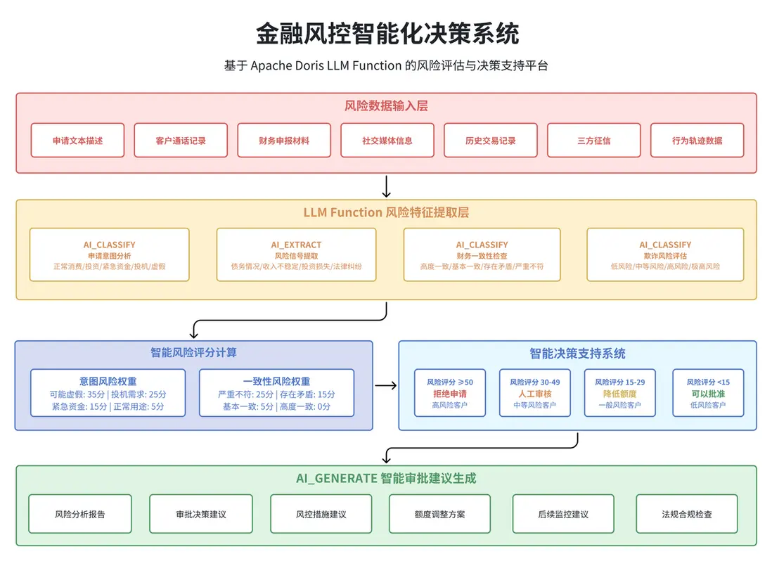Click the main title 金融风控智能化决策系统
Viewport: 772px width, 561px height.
click(x=386, y=32)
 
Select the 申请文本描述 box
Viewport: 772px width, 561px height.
click(x=77, y=141)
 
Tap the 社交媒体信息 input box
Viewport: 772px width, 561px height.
click(x=387, y=141)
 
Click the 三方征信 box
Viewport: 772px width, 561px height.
click(x=593, y=141)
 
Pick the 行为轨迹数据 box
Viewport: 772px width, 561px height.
click(x=697, y=141)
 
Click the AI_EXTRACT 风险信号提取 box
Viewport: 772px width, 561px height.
click(x=296, y=254)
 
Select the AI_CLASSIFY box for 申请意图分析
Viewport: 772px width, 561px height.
click(x=109, y=254)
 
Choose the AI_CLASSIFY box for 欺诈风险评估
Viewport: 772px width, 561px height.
click(x=665, y=254)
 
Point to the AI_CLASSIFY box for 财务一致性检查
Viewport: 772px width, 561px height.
click(x=482, y=254)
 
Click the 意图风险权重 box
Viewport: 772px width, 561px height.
click(x=108, y=393)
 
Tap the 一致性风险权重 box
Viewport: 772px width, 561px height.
click(x=276, y=393)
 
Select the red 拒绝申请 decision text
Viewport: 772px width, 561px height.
click(x=449, y=394)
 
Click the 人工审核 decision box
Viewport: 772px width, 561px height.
click(x=534, y=393)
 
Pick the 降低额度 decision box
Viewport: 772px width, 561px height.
click(x=619, y=393)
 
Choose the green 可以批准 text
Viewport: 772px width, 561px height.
click(x=708, y=394)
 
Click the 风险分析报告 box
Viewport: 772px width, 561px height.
click(x=80, y=514)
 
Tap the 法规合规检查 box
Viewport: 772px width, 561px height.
click(x=687, y=514)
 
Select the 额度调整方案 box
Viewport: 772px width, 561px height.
click(x=439, y=514)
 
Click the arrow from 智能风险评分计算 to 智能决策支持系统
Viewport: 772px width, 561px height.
click(x=385, y=385)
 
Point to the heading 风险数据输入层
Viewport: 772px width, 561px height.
click(x=386, y=106)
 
